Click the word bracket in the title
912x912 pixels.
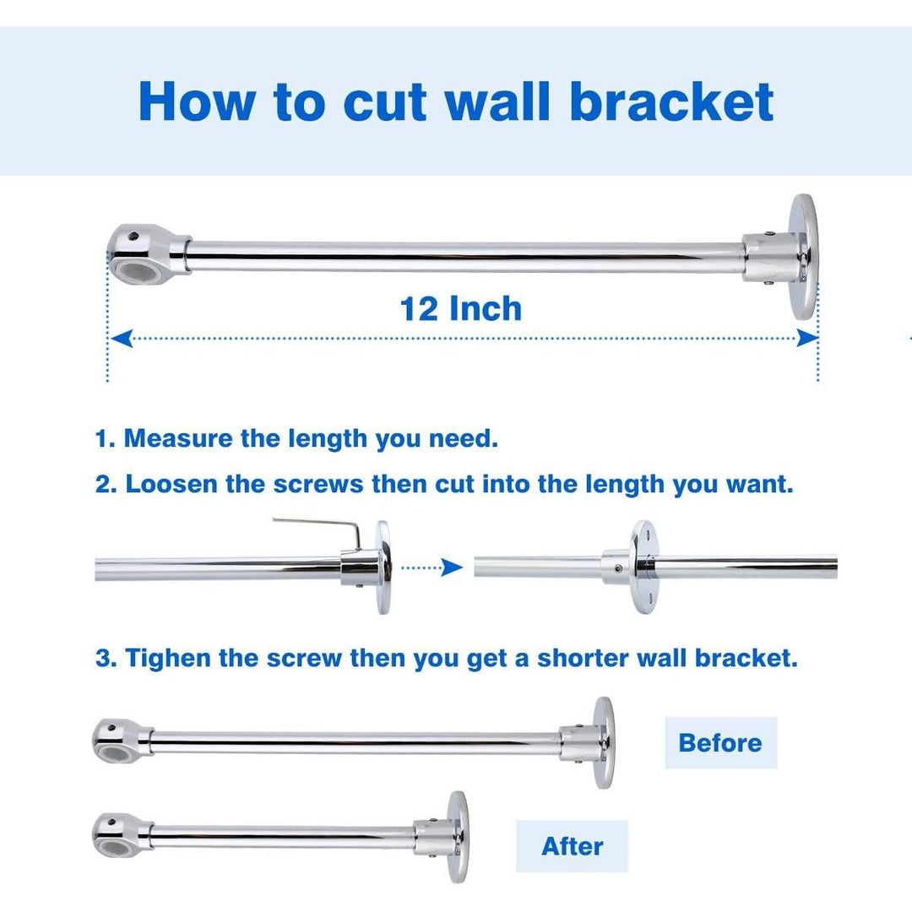coord(671,101)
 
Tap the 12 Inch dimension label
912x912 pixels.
coord(461,309)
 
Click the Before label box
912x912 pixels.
coord(720,743)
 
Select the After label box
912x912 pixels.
coord(572,846)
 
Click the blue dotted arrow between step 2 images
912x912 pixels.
coord(432,567)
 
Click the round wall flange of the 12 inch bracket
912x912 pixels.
coord(802,256)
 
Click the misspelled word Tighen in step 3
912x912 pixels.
coord(168,659)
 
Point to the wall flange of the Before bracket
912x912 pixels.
coord(602,742)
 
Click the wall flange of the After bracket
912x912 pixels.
coord(457,836)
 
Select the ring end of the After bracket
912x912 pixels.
coord(115,832)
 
